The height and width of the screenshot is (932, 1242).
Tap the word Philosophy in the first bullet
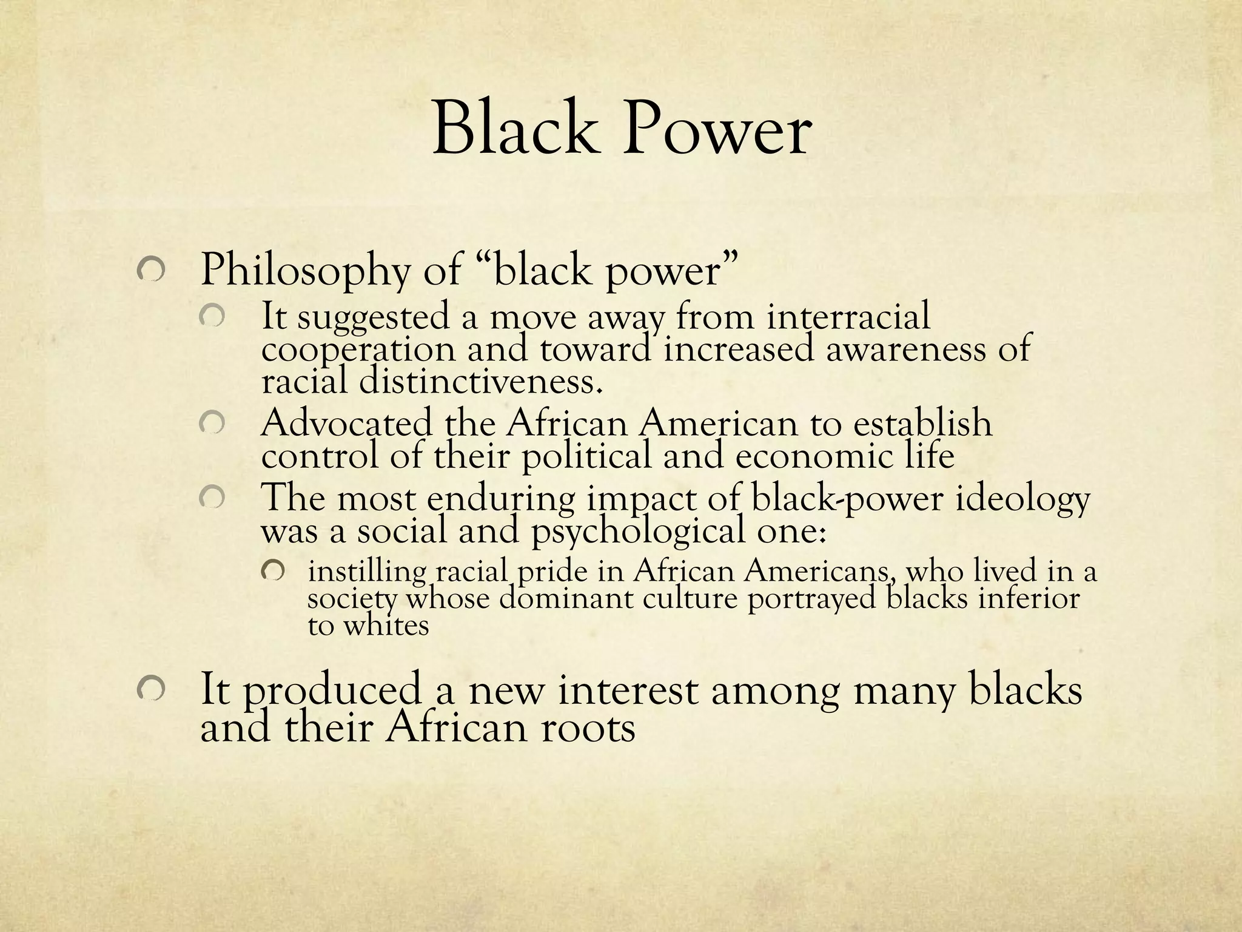click(305, 271)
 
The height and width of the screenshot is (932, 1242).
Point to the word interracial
click(848, 317)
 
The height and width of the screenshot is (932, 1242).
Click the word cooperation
click(358, 350)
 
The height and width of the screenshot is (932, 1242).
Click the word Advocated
click(346, 423)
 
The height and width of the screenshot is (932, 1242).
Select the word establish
click(922, 423)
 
